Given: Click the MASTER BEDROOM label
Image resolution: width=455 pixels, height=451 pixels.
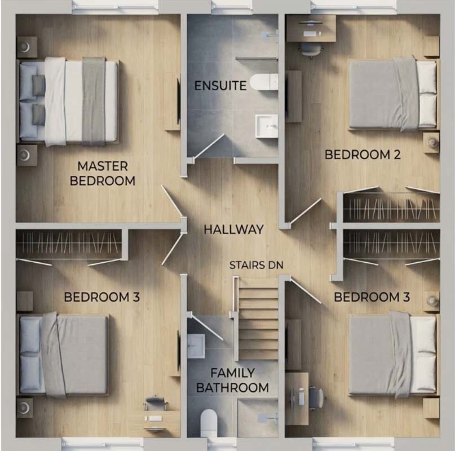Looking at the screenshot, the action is pyautogui.click(x=103, y=173).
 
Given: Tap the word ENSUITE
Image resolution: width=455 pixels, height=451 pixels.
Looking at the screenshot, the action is pyautogui.click(x=220, y=86).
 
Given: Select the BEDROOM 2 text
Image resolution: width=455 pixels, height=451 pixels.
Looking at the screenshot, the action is pyautogui.click(x=363, y=154).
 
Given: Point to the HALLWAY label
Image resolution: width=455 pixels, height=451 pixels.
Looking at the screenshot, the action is pyautogui.click(x=233, y=229).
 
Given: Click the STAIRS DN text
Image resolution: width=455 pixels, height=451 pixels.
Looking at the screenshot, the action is pyautogui.click(x=256, y=265).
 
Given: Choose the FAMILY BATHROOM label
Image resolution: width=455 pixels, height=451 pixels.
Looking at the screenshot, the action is pyautogui.click(x=232, y=380).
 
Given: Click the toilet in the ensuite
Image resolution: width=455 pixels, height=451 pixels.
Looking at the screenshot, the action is pyautogui.click(x=264, y=82).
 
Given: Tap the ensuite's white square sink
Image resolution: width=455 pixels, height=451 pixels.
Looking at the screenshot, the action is pyautogui.click(x=266, y=126).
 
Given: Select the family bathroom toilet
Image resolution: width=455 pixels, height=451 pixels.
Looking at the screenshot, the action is pyautogui.click(x=209, y=422).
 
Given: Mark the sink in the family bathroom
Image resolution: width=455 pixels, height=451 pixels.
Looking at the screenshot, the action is pyautogui.click(x=196, y=346).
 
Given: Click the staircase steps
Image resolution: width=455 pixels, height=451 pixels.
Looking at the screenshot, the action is pyautogui.click(x=258, y=319).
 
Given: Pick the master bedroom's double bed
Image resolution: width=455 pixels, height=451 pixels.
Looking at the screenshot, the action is pyautogui.click(x=68, y=103).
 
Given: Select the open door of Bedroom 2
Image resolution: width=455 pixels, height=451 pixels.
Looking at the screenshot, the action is pyautogui.click(x=305, y=211).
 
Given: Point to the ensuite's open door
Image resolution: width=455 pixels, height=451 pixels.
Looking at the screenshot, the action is pyautogui.click(x=209, y=146).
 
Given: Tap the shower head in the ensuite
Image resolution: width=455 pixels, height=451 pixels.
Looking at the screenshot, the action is pyautogui.click(x=270, y=36).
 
